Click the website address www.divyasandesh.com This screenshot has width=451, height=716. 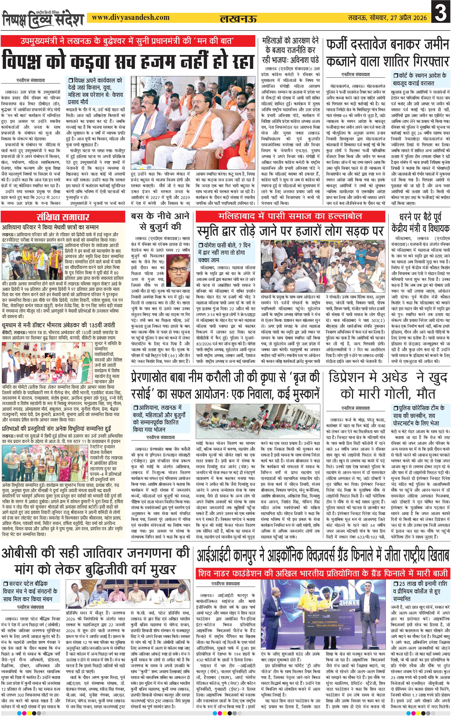click(x=130, y=18)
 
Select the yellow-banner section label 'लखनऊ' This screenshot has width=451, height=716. click(x=238, y=19)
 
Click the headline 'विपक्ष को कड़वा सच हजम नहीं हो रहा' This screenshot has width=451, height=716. click(x=128, y=61)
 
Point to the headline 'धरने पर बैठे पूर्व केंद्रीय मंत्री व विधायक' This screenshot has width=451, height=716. click(x=420, y=223)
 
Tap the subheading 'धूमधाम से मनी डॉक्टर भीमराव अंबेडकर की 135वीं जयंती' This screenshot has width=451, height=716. click(x=59, y=325)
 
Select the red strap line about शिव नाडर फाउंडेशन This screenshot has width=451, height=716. click(x=323, y=573)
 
